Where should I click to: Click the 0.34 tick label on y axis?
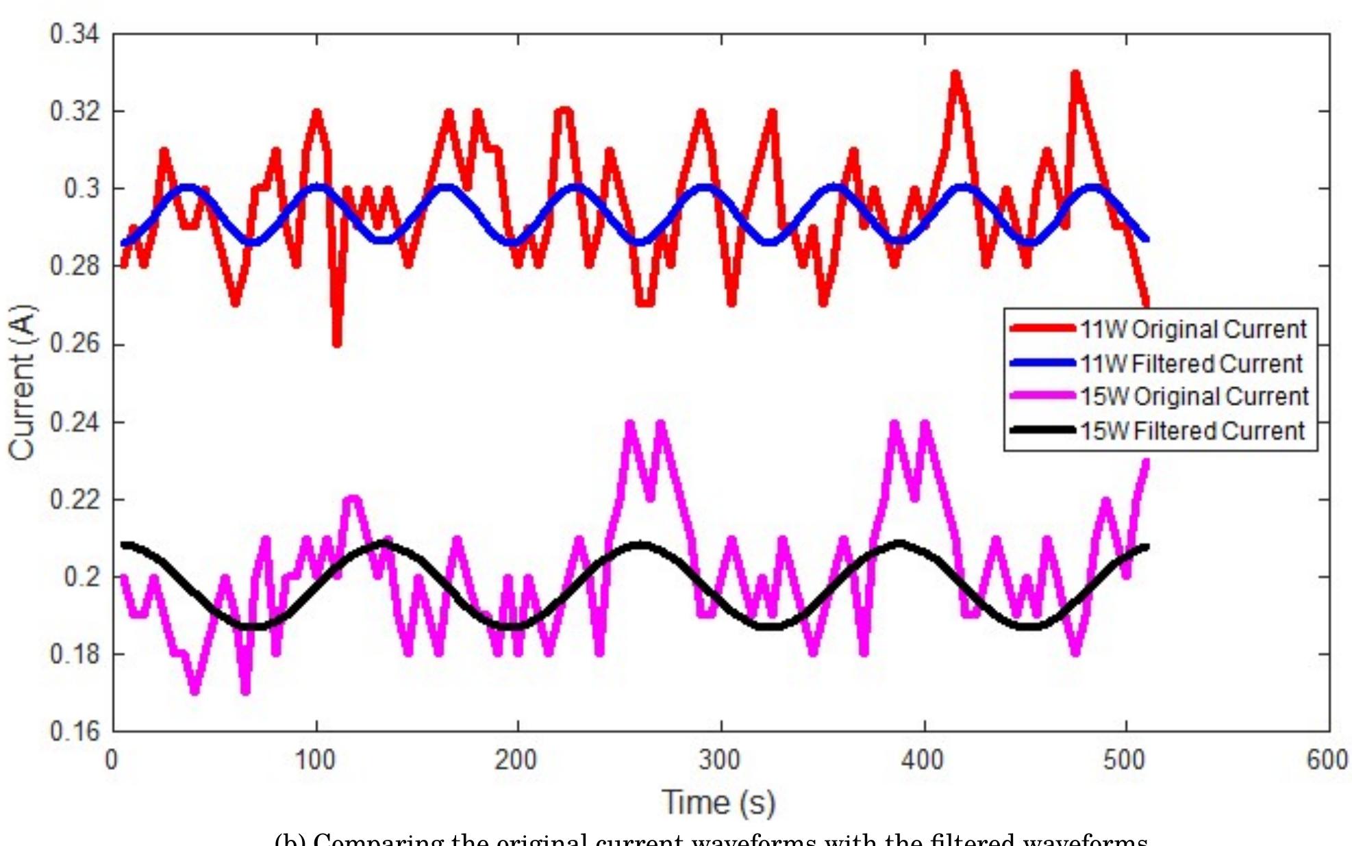[75, 34]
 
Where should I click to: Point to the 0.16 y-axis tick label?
[75, 732]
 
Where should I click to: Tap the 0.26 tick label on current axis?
[75, 344]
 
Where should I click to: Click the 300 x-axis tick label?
[720, 760]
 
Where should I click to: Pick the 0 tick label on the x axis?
[112, 760]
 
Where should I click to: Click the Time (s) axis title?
[718, 802]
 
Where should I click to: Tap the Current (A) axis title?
[23, 382]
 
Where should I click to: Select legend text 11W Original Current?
[1194, 329]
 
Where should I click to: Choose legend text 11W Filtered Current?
[1191, 363]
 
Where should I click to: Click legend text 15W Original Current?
[1194, 397]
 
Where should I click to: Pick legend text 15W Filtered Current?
[1192, 431]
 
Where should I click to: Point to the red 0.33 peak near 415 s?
[955, 74]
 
